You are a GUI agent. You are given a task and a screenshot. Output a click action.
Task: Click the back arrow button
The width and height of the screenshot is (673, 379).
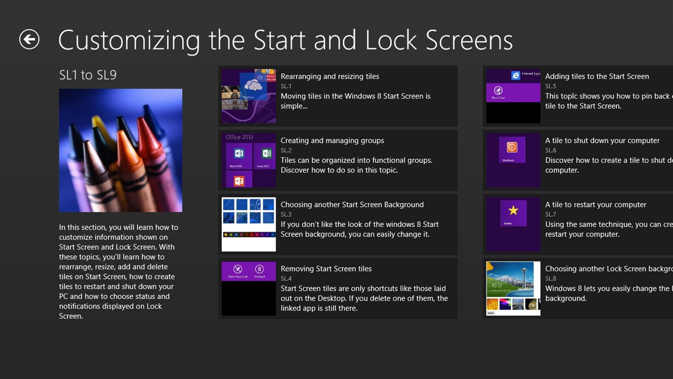(29, 39)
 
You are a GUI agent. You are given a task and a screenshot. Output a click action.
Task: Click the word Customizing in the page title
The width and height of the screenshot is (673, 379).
(129, 40)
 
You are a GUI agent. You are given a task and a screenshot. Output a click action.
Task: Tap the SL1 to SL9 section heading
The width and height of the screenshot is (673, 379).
(88, 75)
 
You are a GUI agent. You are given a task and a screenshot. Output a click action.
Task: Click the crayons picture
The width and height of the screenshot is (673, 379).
(121, 150)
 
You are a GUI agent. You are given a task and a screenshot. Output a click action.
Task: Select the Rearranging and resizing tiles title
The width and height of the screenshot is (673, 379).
(330, 76)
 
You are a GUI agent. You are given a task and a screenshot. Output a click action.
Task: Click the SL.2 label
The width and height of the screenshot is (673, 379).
(286, 150)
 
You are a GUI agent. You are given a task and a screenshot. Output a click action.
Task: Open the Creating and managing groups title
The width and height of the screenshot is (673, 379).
(332, 140)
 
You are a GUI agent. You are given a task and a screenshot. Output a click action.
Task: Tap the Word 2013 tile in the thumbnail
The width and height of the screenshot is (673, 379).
(239, 155)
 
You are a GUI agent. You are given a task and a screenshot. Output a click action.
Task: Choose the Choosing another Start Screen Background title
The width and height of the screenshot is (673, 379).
(352, 204)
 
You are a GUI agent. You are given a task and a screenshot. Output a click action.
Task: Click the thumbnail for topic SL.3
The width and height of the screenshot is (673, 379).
(249, 224)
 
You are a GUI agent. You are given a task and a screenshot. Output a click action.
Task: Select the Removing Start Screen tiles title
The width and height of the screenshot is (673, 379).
(326, 268)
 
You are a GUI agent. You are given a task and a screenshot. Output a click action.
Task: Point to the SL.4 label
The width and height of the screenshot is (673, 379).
(286, 278)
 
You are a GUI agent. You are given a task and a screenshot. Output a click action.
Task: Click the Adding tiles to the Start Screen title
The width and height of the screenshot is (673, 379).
(597, 76)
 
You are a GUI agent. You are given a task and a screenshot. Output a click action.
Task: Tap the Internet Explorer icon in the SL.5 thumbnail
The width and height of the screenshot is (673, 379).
(516, 76)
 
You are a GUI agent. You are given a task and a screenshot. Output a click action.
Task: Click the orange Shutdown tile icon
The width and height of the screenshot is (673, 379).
(512, 147)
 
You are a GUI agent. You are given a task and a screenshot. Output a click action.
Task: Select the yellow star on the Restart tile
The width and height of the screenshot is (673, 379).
(513, 210)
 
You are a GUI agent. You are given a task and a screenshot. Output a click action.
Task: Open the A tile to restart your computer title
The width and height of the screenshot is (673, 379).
(596, 204)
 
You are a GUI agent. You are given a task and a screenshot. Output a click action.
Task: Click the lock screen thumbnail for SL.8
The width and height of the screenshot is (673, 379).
(513, 288)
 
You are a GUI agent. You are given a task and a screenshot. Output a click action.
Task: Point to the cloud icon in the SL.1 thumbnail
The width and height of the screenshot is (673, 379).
(253, 86)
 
